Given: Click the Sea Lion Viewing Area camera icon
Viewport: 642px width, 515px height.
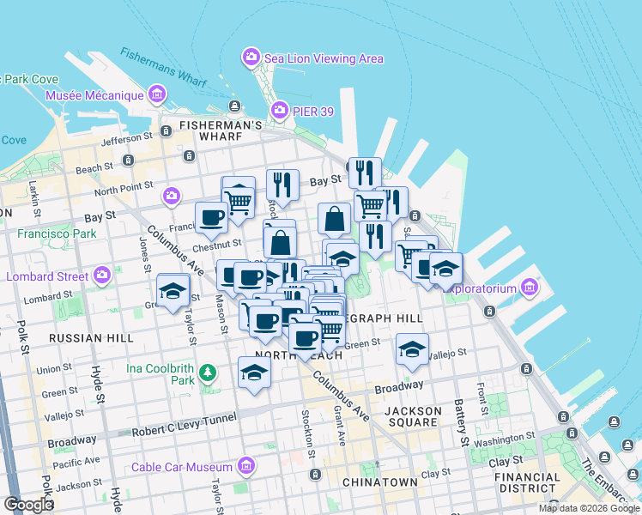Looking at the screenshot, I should (x=251, y=58).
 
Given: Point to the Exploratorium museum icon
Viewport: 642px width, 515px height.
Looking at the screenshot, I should (x=529, y=286).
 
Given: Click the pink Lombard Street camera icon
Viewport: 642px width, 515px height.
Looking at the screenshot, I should (x=102, y=276).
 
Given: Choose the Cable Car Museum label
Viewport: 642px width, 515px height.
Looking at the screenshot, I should (x=181, y=467).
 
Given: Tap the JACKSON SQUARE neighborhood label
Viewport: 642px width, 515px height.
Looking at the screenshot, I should (x=413, y=417).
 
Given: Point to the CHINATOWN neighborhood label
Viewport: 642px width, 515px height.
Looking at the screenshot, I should (x=380, y=482).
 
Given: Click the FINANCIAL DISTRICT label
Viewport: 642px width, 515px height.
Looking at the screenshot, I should (x=527, y=483).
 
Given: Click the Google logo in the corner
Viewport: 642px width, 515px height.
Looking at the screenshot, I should (x=28, y=504).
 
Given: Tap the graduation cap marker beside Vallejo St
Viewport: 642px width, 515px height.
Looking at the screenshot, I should (x=412, y=348).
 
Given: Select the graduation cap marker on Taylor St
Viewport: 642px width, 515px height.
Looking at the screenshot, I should (x=173, y=289).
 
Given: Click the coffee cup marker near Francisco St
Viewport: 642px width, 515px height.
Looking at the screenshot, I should (x=211, y=217).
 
